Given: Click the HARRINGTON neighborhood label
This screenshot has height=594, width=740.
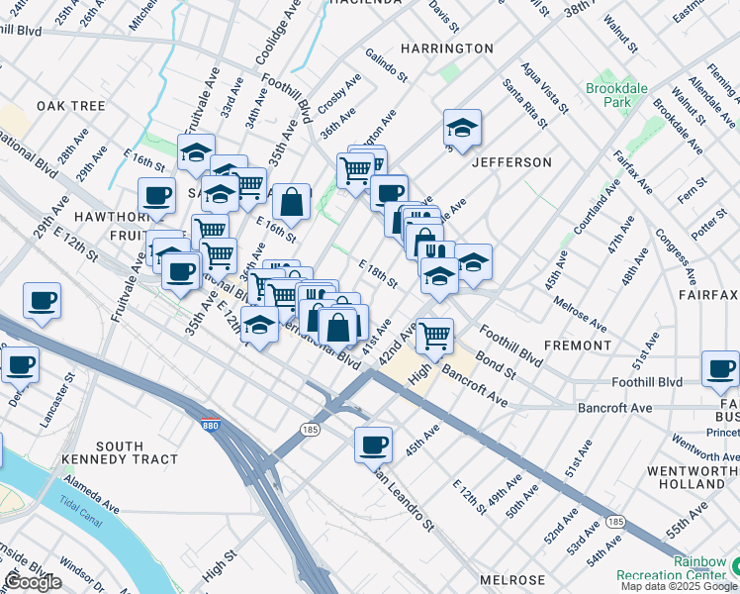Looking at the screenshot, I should (447, 48).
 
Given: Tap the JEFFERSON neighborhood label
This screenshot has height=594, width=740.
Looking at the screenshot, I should (511, 161).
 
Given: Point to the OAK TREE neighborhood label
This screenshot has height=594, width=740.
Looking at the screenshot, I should (71, 106).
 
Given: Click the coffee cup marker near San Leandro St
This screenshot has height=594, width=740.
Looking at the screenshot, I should (374, 445).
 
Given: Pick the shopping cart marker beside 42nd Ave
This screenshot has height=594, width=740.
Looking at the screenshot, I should (434, 336).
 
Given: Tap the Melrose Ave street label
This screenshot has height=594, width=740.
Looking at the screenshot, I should (581, 313).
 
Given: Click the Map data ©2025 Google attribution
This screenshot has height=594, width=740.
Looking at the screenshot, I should (678, 586).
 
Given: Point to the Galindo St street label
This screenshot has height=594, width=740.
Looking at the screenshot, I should (386, 65).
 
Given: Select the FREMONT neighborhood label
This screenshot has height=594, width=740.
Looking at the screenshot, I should (578, 346).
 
